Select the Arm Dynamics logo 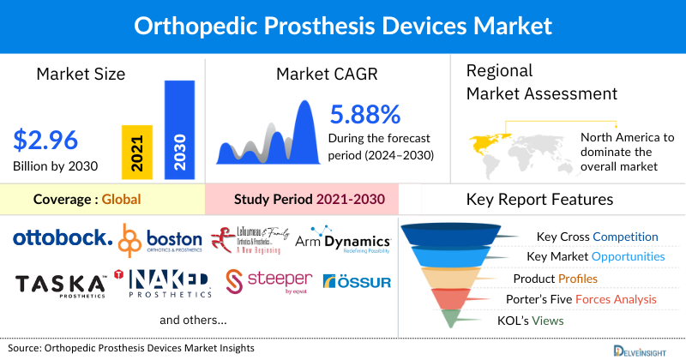[343, 242]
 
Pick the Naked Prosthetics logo [169, 283]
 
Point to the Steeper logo [265, 281]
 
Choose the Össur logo [356, 281]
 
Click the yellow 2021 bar [137, 153]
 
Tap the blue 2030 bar [179, 129]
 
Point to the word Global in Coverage [121, 200]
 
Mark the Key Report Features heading [539, 200]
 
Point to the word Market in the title [509, 27]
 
